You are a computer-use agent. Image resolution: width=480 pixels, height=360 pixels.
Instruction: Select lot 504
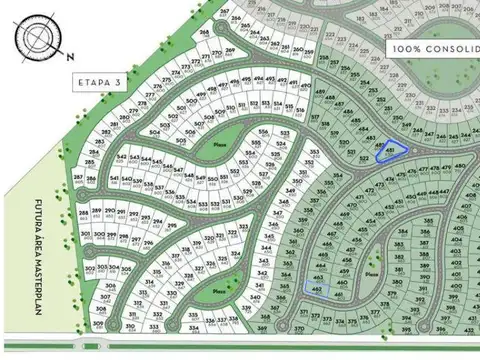click(x=155, y=130)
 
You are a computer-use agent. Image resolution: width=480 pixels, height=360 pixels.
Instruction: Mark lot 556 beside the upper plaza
click(x=263, y=131)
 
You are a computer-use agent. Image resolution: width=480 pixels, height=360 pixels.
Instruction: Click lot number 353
click(x=314, y=153)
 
